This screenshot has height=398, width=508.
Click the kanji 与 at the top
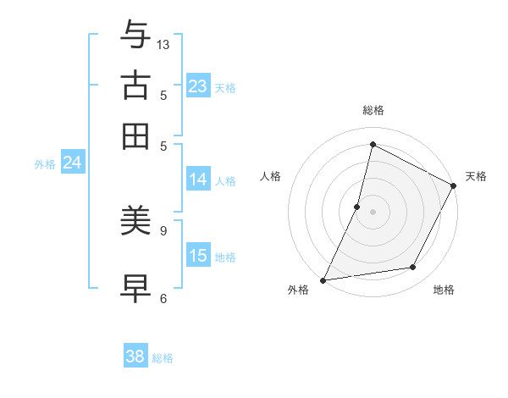pos(136,34)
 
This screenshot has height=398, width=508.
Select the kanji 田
pos(136,135)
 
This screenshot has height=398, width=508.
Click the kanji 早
pos(136,287)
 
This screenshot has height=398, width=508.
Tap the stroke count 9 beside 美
pos(163,229)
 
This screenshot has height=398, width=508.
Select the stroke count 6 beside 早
pos(163,298)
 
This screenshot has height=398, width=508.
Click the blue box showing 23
pos(198,86)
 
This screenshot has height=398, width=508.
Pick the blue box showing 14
pos(198,180)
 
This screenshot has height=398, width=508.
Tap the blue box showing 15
pos(198,256)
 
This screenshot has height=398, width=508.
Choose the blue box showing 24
pos(72,163)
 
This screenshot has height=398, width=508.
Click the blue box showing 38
pos(135,357)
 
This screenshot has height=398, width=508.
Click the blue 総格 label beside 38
pos(163,358)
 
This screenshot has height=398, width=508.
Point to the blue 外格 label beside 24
pos(45,164)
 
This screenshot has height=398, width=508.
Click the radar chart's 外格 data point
pos(323,279)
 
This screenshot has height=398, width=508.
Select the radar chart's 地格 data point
pos(413,268)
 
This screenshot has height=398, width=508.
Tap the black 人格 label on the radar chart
pos(271,176)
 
